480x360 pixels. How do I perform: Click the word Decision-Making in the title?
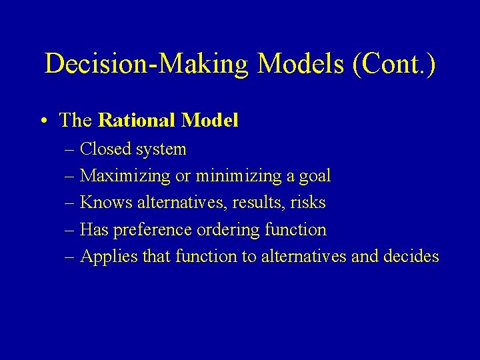click(x=147, y=64)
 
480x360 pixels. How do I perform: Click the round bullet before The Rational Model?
click(x=43, y=121)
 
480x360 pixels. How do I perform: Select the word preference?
click(x=153, y=230)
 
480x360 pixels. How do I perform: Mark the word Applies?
click(x=102, y=257)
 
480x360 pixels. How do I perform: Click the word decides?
click(x=411, y=256)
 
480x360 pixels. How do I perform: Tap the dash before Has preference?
click(x=71, y=230)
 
